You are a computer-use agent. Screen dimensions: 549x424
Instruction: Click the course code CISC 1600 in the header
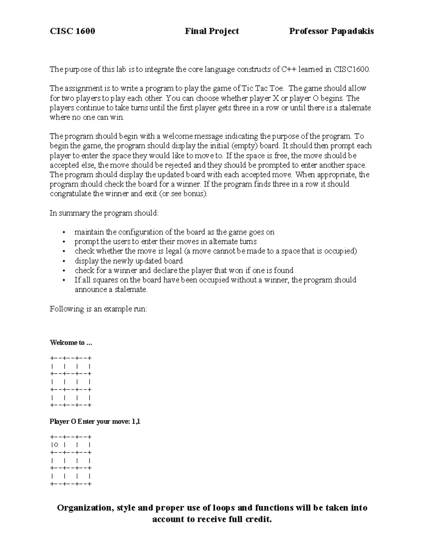pos(72,31)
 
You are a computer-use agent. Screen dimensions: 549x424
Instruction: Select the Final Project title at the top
pos(212,31)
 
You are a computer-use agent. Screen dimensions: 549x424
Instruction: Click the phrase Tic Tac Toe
pos(262,88)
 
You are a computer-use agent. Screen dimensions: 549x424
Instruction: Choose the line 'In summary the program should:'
pos(104,213)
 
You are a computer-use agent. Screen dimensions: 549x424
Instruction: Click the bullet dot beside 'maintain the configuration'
pos(64,233)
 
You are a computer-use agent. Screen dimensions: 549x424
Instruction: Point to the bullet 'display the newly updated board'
pos(129,261)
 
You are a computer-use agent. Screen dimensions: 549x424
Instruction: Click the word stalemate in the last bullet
pos(132,290)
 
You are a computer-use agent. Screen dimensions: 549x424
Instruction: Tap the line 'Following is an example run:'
pos(98,309)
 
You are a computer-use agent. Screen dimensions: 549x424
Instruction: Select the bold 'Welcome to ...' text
pos(71,343)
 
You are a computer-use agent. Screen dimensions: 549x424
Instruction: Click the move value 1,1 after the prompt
pos(136,421)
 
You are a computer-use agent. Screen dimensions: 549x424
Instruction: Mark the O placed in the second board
pos(56,445)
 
